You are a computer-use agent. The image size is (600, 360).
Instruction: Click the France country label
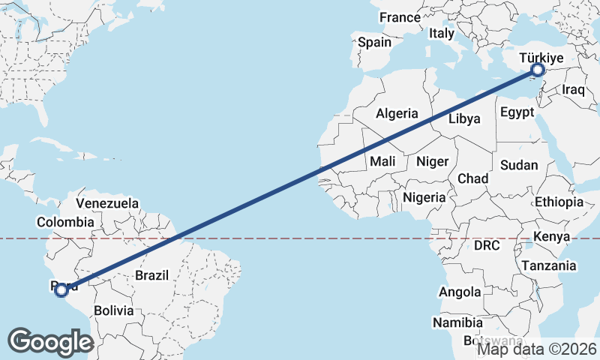[x=400, y=17]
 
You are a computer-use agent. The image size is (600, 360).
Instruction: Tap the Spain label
[x=374, y=42]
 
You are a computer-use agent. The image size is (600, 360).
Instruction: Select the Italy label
[x=442, y=34]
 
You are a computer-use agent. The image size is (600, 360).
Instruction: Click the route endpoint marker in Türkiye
[x=537, y=70]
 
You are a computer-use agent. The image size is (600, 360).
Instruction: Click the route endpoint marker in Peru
[x=61, y=289]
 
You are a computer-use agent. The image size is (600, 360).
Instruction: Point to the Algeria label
[x=397, y=114]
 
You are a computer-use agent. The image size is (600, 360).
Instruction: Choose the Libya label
[x=464, y=118]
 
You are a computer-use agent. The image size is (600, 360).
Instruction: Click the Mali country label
[x=382, y=161]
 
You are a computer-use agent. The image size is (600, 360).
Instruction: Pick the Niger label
[x=432, y=161]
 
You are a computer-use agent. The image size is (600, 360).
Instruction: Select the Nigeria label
[x=424, y=198]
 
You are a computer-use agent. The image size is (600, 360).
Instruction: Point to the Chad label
[x=472, y=179]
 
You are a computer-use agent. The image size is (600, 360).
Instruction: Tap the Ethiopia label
[x=559, y=202]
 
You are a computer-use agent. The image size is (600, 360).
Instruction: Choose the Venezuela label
[x=108, y=203]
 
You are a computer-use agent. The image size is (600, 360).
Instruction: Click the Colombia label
[x=66, y=222]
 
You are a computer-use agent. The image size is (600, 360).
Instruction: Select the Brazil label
[x=152, y=275]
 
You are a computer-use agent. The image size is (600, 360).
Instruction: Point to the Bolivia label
[x=113, y=310]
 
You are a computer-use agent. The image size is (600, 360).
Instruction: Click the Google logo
[x=50, y=342]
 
